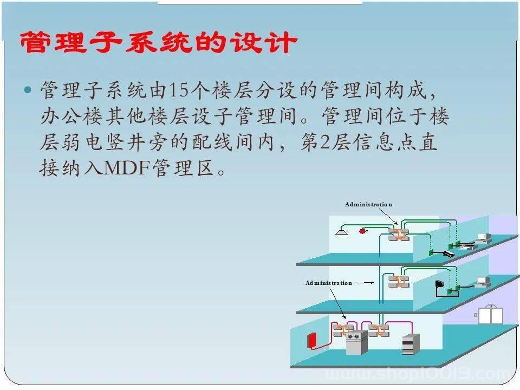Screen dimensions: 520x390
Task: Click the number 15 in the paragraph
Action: point(180,90)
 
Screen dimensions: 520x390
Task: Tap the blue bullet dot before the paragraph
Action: point(28,89)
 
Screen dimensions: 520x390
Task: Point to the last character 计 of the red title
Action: point(283,42)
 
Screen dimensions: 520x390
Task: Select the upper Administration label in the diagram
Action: point(368,204)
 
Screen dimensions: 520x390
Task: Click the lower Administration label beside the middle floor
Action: point(328,283)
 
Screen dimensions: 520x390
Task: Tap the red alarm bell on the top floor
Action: point(363,231)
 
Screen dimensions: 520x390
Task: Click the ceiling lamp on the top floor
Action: point(342,231)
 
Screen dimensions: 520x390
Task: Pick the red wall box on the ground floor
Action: point(312,341)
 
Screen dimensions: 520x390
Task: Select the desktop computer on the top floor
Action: point(484,238)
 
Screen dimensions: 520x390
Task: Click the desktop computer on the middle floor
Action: point(483,282)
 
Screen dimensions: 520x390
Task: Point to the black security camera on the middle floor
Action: point(440,284)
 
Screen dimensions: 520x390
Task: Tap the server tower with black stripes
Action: point(411,344)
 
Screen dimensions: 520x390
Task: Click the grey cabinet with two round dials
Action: point(356,342)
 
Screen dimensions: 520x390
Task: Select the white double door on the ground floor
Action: point(491,315)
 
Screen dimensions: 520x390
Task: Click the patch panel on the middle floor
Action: point(399,281)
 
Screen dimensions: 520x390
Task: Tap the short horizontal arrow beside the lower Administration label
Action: point(365,283)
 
